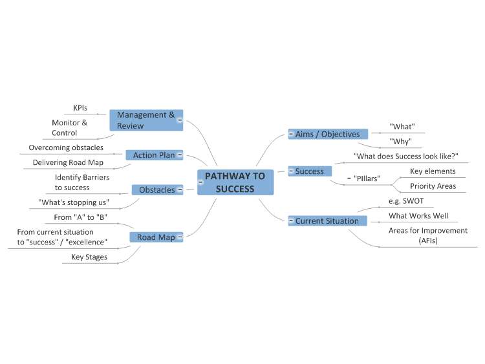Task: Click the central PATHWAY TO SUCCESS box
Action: point(235,182)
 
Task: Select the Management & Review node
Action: point(146,120)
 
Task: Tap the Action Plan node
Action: point(155,155)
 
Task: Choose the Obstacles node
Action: point(157,189)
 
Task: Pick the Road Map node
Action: point(156,237)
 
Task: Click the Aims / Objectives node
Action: point(328,134)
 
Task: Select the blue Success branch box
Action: point(310,171)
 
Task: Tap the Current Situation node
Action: point(327,221)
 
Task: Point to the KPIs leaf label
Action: point(80,108)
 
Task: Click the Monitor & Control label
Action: point(69,128)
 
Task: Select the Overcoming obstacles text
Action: point(66,147)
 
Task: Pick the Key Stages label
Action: point(89,257)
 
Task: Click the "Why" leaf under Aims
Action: point(400,142)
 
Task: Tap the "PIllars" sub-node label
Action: point(367,178)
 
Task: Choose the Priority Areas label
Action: point(433,186)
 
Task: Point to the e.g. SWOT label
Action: point(406,201)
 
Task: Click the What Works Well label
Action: point(418,215)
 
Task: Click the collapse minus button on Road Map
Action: point(180,237)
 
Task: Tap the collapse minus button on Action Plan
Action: point(180,155)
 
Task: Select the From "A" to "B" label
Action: point(80,217)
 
